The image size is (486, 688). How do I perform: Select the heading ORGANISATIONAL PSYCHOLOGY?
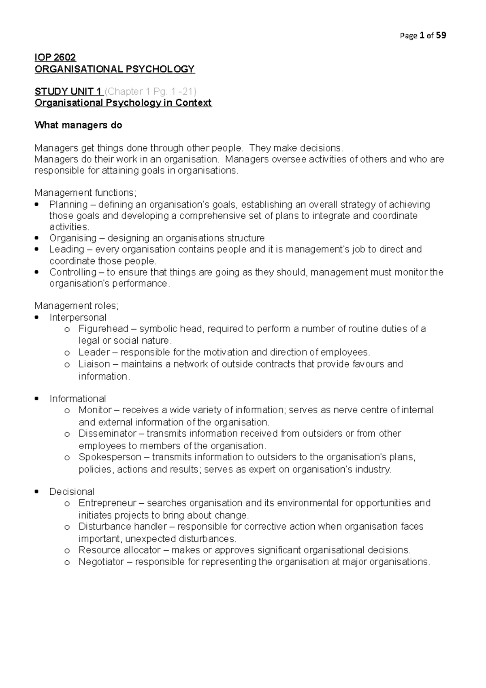click(115, 69)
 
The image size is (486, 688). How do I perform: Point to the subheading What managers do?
click(78, 125)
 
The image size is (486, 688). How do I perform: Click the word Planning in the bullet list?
click(68, 204)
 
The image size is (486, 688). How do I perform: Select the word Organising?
click(73, 238)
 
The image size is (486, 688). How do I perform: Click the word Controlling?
click(73, 272)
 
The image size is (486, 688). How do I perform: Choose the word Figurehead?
click(103, 329)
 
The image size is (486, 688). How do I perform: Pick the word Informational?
click(78, 399)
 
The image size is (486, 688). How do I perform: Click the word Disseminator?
click(107, 434)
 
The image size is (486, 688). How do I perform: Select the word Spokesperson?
click(110, 457)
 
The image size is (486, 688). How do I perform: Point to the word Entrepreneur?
click(107, 503)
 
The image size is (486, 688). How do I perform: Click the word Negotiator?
click(102, 562)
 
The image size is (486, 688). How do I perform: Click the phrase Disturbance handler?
click(122, 526)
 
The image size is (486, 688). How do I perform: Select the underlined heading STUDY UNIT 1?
click(68, 91)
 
